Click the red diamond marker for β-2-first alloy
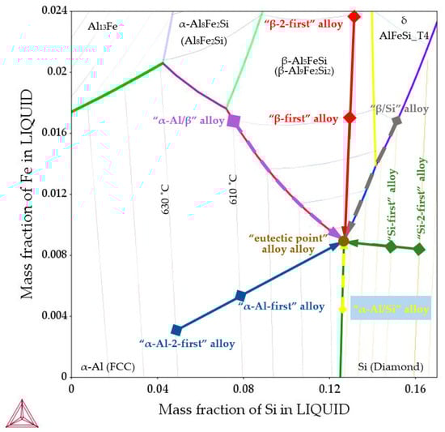click(354, 16)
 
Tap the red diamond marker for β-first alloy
click(350, 118)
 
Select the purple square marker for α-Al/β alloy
click(234, 121)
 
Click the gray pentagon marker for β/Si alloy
click(396, 121)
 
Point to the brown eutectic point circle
click(343, 241)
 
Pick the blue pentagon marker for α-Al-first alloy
click(240, 296)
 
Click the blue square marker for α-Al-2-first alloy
click(176, 330)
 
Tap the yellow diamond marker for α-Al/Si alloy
click(343, 308)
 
